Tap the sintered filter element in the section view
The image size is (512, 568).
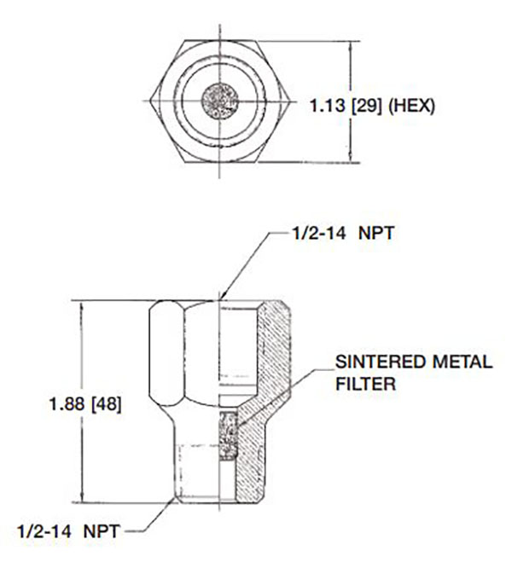tap(229, 435)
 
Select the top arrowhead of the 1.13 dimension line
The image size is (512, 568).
tap(350, 43)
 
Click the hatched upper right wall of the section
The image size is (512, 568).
tap(272, 350)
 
